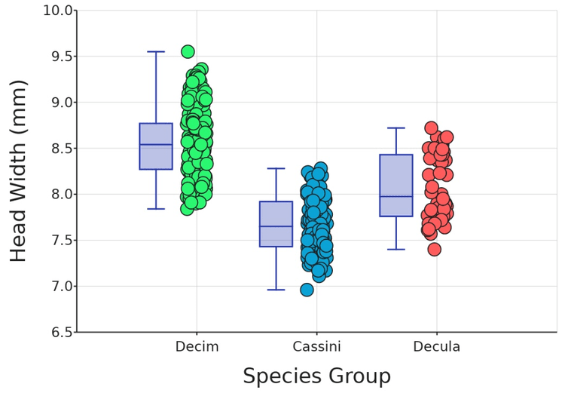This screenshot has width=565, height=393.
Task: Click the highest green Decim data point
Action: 188,51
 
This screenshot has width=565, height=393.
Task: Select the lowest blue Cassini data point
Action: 307,290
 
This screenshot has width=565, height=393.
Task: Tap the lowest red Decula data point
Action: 434,249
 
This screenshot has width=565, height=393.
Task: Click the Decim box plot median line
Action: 156,144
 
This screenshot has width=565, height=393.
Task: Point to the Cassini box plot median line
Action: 276,226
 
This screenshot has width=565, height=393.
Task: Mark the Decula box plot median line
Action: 396,196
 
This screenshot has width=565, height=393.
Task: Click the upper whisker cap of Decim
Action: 156,52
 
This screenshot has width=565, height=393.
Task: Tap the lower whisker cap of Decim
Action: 156,208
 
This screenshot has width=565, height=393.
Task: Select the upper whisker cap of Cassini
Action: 276,168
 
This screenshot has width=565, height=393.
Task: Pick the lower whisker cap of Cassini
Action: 276,290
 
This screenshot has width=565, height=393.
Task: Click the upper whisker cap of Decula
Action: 396,128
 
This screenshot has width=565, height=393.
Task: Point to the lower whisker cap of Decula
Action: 396,249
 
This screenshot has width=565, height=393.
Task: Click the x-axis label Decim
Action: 197,347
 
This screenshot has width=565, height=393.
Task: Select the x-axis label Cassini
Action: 316,347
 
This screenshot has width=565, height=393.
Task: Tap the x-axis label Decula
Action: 436,347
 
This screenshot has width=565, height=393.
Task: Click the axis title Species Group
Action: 316,376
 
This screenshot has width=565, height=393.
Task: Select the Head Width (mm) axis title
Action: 18,170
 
